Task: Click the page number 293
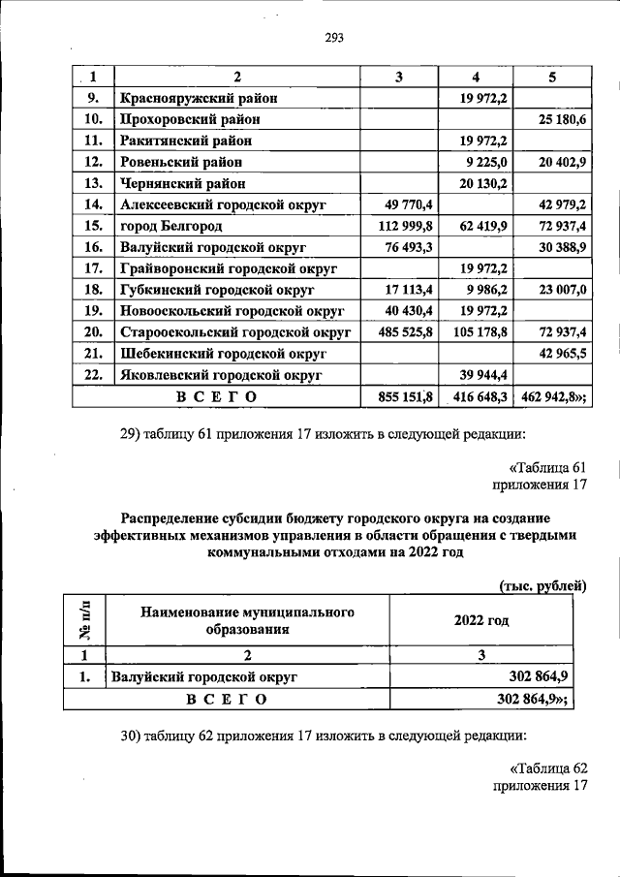click(334, 39)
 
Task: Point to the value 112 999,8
click(402, 226)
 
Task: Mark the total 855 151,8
click(402, 396)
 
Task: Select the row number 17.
click(93, 268)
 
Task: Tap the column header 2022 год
click(481, 621)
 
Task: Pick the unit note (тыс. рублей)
click(543, 585)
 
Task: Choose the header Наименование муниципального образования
click(247, 621)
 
